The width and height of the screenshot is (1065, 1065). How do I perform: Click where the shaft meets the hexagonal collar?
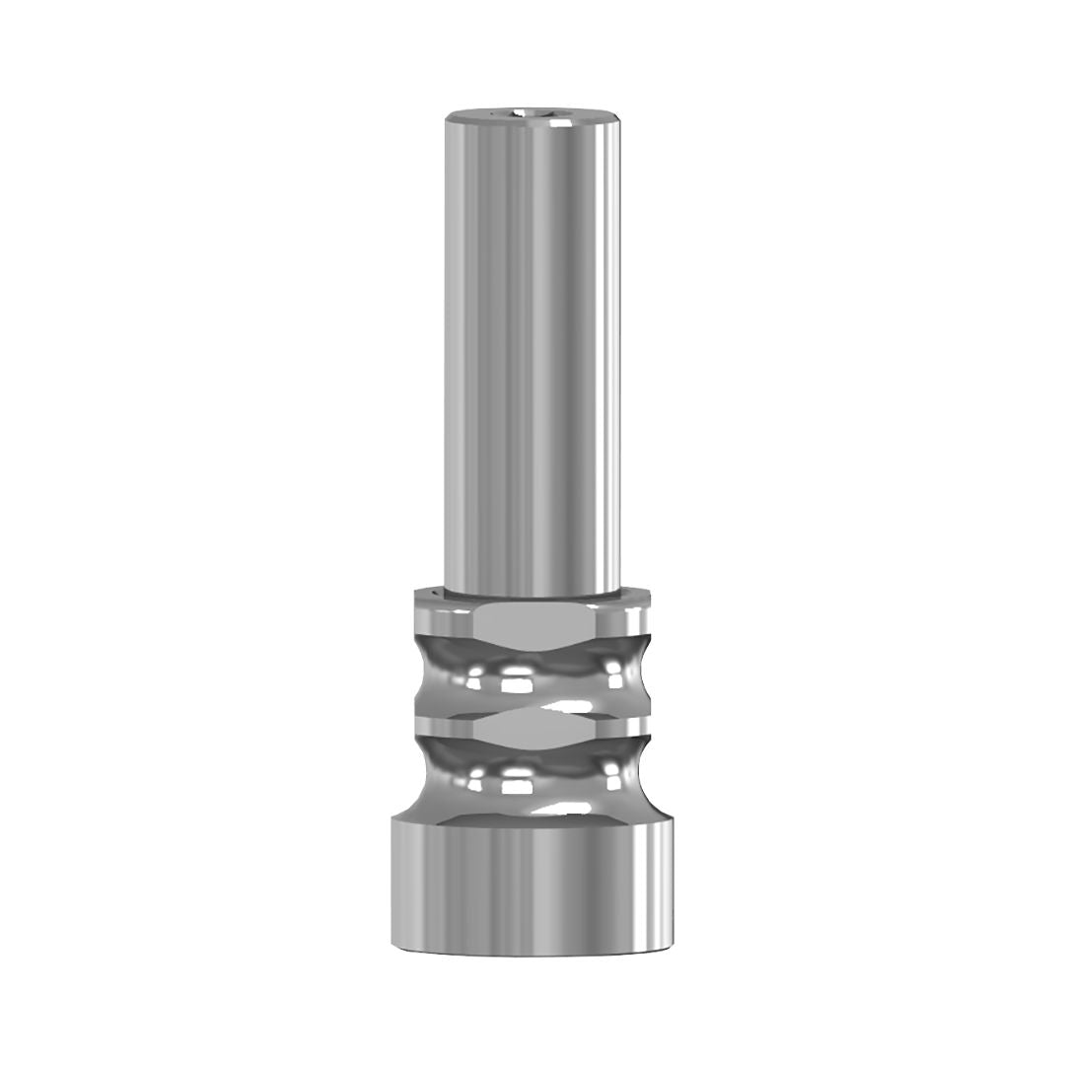tap(532, 594)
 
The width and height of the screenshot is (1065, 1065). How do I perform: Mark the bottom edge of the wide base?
tap(532, 953)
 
